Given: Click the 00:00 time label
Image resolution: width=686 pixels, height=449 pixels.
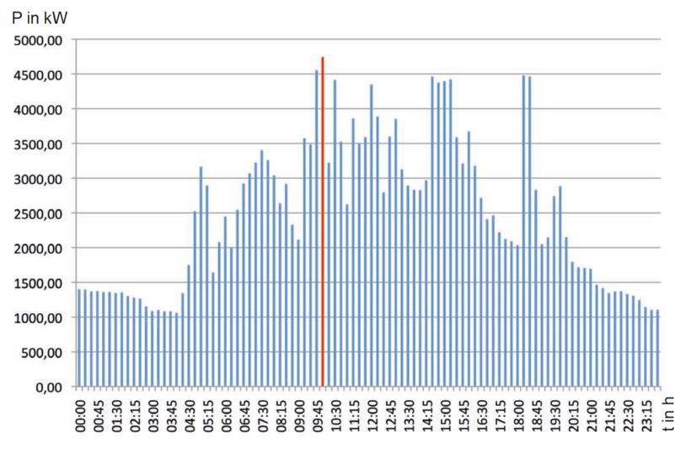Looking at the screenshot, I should click(x=81, y=415).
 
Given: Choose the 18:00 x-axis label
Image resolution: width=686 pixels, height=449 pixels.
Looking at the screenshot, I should click(x=518, y=415).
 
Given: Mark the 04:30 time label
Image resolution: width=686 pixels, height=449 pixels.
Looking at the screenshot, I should click(x=190, y=415).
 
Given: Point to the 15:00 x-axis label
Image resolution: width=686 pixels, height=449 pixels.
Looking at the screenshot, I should click(x=446, y=415).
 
